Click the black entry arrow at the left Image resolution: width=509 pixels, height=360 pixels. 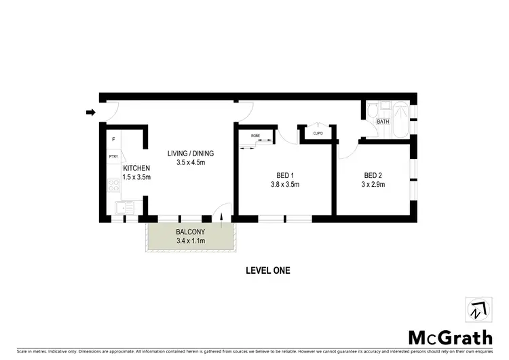pyautogui.click(x=90, y=113)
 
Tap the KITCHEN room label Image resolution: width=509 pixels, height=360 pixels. pyautogui.click(x=136, y=168)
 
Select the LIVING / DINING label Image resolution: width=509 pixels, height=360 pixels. pyautogui.click(x=190, y=153)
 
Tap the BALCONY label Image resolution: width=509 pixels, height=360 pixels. pyautogui.click(x=190, y=232)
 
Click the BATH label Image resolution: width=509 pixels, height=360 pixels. pyautogui.click(x=383, y=122)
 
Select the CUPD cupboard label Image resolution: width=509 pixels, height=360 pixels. pyautogui.click(x=318, y=133)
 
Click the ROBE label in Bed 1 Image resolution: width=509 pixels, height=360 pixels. pyautogui.click(x=256, y=136)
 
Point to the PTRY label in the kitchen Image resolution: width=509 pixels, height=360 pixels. pyautogui.click(x=113, y=158)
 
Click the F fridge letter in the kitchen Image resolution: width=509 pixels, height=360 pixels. pyautogui.click(x=113, y=140)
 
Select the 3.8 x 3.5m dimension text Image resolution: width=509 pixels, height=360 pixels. pyautogui.click(x=285, y=184)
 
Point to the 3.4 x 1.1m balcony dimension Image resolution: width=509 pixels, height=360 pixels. pyautogui.click(x=190, y=241)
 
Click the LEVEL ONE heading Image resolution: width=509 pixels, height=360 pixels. pyautogui.click(x=267, y=270)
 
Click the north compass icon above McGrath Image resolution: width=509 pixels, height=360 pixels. pyautogui.click(x=477, y=310)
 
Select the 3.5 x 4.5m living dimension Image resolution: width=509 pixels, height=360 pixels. pyautogui.click(x=190, y=163)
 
